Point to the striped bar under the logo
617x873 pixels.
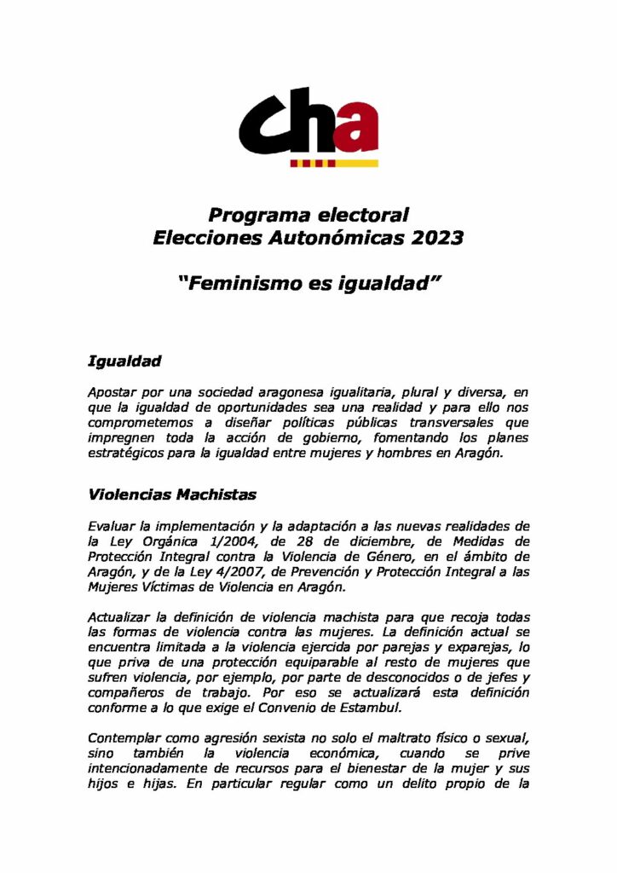point(333,161)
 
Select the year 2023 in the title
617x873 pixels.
point(435,238)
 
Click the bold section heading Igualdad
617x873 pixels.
point(124,361)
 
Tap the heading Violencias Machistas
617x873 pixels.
point(172,494)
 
